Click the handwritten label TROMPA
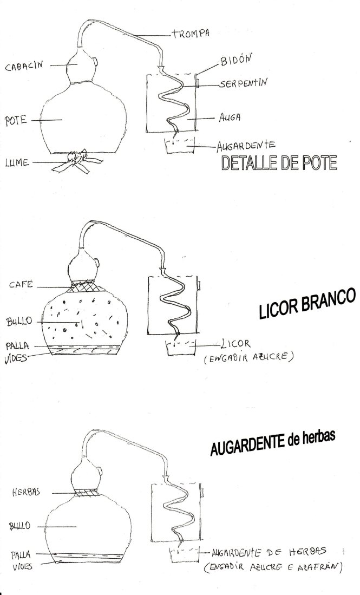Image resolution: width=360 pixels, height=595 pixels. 191,34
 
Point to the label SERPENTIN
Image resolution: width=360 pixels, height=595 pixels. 243,83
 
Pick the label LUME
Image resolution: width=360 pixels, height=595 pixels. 17,163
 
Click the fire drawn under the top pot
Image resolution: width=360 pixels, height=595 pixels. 77,162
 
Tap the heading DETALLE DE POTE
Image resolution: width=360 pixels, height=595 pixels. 279,163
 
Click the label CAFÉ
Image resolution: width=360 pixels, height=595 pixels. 21,284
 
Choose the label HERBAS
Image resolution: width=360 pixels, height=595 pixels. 26,492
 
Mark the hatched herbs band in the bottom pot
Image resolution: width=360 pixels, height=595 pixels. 87,493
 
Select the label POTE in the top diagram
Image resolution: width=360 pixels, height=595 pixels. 16,121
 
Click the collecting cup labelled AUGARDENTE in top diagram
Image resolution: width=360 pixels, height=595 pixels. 179,146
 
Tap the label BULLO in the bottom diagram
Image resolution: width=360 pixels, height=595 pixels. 19,526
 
